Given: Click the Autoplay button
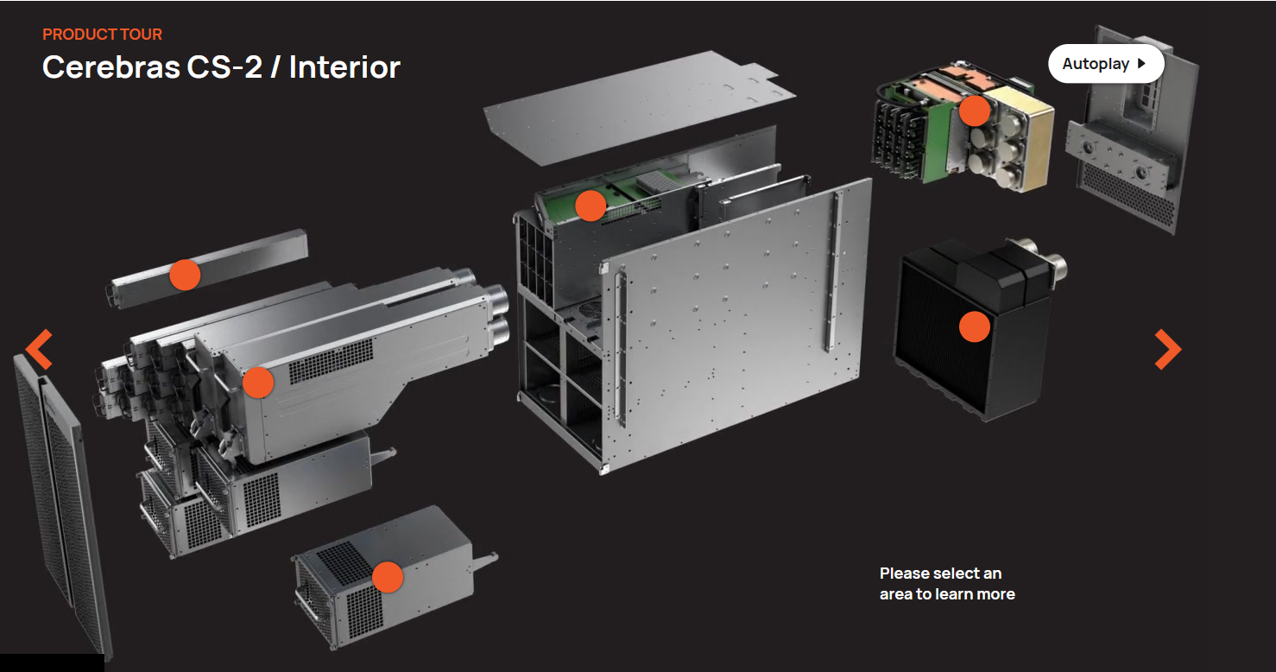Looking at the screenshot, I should tap(1105, 64).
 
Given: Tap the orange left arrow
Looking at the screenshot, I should tap(39, 349).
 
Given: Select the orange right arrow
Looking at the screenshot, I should tap(1167, 349).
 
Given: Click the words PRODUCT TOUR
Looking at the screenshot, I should tap(102, 35).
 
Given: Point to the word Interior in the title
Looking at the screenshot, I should tap(344, 67).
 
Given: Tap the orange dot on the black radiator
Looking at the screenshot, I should tap(975, 326).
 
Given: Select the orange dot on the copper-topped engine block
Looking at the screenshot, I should tap(975, 110).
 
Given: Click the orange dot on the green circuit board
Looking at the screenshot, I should tap(591, 206).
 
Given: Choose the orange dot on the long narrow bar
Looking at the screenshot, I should tap(185, 275).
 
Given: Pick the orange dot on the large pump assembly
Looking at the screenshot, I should tap(257, 382).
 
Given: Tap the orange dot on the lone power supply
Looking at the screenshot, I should tap(388, 577).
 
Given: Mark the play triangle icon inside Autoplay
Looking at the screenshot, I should tap(1141, 64).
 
